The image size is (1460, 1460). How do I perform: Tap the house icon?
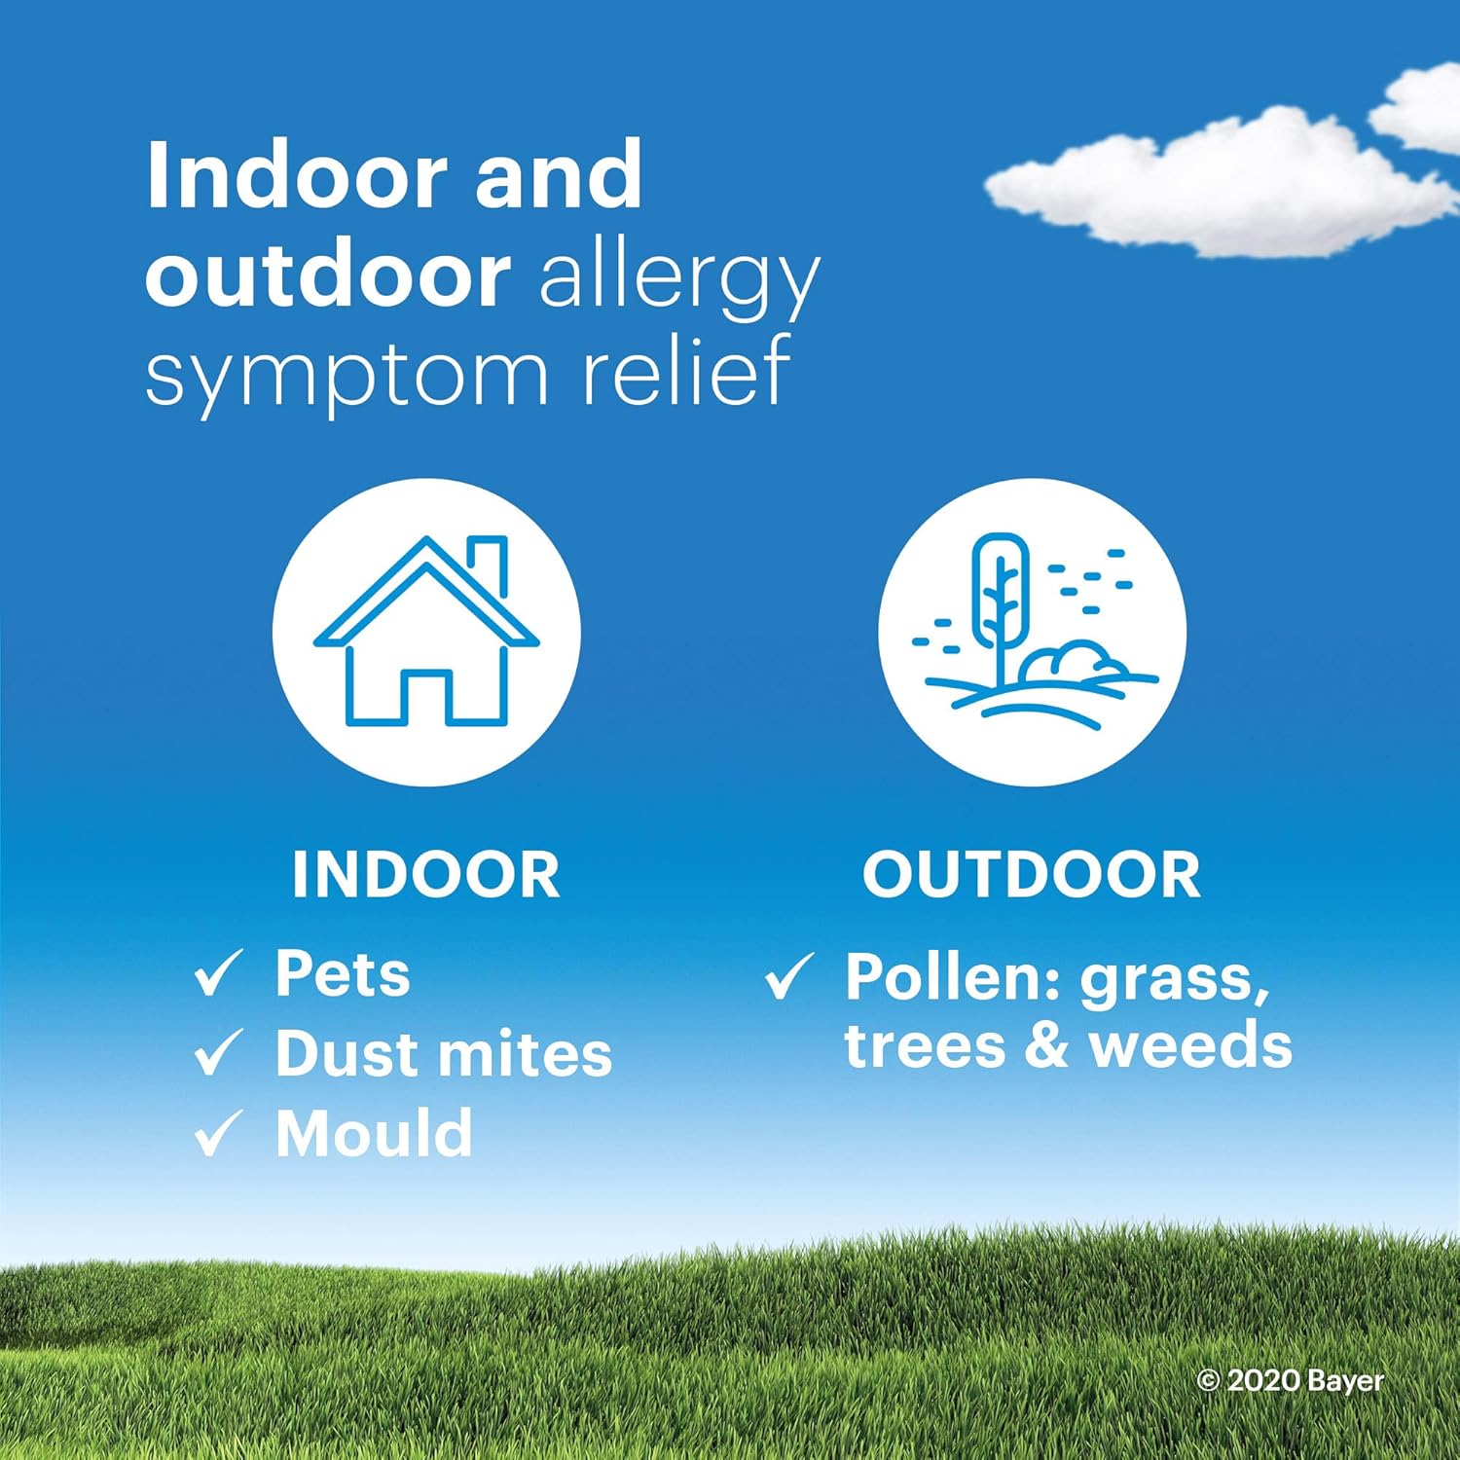click(x=426, y=632)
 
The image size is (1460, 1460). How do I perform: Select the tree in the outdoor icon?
click(x=1001, y=603)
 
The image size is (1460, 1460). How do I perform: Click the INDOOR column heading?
click(x=426, y=874)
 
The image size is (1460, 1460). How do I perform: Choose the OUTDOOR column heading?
click(x=1032, y=874)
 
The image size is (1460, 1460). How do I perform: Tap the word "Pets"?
click(x=343, y=972)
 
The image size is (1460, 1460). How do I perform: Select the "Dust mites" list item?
click(x=444, y=1053)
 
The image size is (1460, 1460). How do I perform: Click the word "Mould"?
click(x=374, y=1133)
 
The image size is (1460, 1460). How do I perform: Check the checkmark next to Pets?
click(x=218, y=973)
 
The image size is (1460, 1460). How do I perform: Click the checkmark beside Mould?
click(x=218, y=1133)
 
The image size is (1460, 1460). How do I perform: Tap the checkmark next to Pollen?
click(x=789, y=976)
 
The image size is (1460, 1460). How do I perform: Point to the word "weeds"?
click(x=1190, y=1046)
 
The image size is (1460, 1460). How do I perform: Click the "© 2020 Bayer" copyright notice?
click(x=1291, y=1380)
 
